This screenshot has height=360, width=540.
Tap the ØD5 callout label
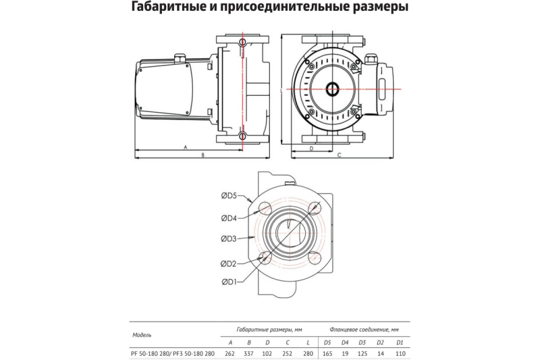tap(228, 196)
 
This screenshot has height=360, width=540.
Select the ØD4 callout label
tap(228, 217)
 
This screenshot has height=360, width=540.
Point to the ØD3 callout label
tap(228, 238)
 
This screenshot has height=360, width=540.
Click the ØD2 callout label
tap(228, 262)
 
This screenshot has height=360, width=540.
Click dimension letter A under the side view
tap(184, 146)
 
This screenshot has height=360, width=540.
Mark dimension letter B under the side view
tap(203, 155)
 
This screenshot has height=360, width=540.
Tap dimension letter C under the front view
tap(339, 155)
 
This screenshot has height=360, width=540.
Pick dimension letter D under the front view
tap(311, 147)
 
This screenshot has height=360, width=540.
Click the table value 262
tap(231, 353)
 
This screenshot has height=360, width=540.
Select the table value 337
tap(249, 353)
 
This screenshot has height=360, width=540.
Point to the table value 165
tap(327, 353)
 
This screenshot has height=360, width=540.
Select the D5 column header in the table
tap(327, 342)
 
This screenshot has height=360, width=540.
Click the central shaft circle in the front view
tap(334, 89)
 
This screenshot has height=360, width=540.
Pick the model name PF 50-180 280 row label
tap(152, 353)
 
